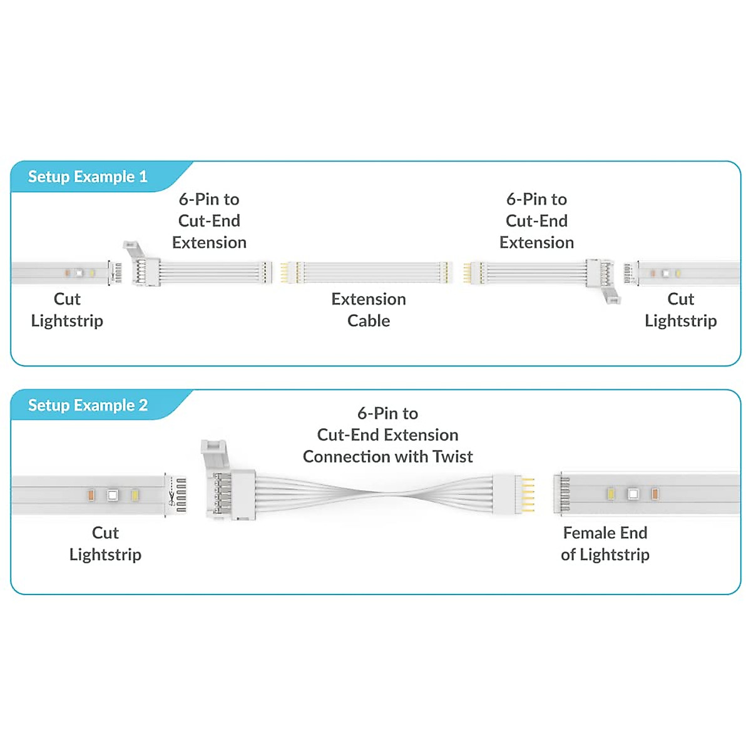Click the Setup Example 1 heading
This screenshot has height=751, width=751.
coord(88,177)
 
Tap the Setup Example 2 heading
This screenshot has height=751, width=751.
coord(88,406)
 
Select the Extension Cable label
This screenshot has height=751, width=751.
coord(369,310)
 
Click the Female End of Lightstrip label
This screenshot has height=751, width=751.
coord(605,543)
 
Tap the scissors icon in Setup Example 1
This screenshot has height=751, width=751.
coord(112,273)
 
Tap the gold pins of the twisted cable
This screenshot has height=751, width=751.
coord(529,494)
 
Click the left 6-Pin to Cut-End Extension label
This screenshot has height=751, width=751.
coord(209,221)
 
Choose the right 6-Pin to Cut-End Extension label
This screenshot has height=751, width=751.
coord(536,221)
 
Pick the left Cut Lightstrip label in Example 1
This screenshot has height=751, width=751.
coord(67,310)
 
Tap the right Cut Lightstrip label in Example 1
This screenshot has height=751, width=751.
coord(680,310)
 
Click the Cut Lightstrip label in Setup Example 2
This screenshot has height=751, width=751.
coord(105,543)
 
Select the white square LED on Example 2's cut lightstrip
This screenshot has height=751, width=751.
coord(113,495)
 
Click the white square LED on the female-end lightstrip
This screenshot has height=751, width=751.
coord(633,494)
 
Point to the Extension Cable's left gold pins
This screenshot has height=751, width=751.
coord(284,273)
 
